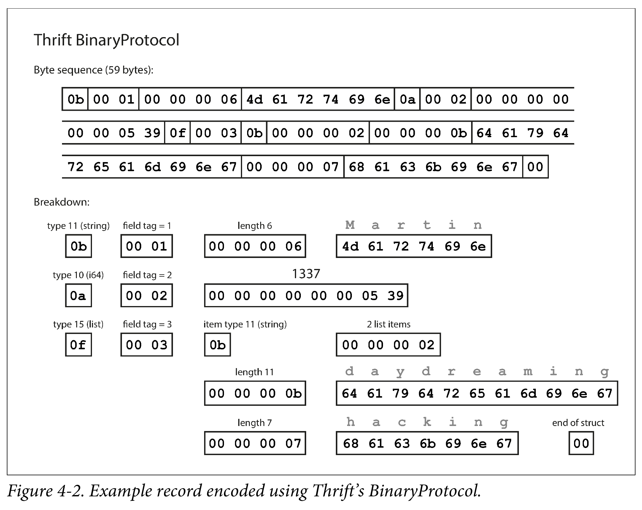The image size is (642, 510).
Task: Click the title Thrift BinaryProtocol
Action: (x=106, y=40)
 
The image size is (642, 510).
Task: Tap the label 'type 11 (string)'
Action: (x=78, y=226)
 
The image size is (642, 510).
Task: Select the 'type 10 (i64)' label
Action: (x=78, y=275)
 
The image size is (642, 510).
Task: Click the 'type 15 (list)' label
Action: (x=78, y=324)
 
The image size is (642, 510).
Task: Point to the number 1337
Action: (x=306, y=274)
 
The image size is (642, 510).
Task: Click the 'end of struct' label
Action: (x=578, y=423)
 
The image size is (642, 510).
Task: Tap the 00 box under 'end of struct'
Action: (x=581, y=443)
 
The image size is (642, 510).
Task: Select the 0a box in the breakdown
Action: (x=78, y=295)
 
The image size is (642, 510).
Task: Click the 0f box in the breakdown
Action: (x=78, y=345)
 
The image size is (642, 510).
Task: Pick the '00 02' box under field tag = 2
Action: (x=147, y=295)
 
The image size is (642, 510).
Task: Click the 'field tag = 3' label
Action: (x=147, y=324)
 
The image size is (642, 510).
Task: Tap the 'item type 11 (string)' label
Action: (x=245, y=324)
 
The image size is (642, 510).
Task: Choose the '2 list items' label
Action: (x=389, y=324)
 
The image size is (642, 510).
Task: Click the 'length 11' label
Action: (x=255, y=372)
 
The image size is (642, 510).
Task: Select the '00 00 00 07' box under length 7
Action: (x=255, y=443)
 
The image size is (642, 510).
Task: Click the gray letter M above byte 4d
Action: (x=350, y=225)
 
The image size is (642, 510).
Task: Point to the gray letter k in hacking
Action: (x=427, y=422)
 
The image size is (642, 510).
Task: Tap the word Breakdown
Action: (x=62, y=202)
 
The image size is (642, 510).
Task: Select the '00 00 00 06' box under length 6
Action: (x=255, y=246)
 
